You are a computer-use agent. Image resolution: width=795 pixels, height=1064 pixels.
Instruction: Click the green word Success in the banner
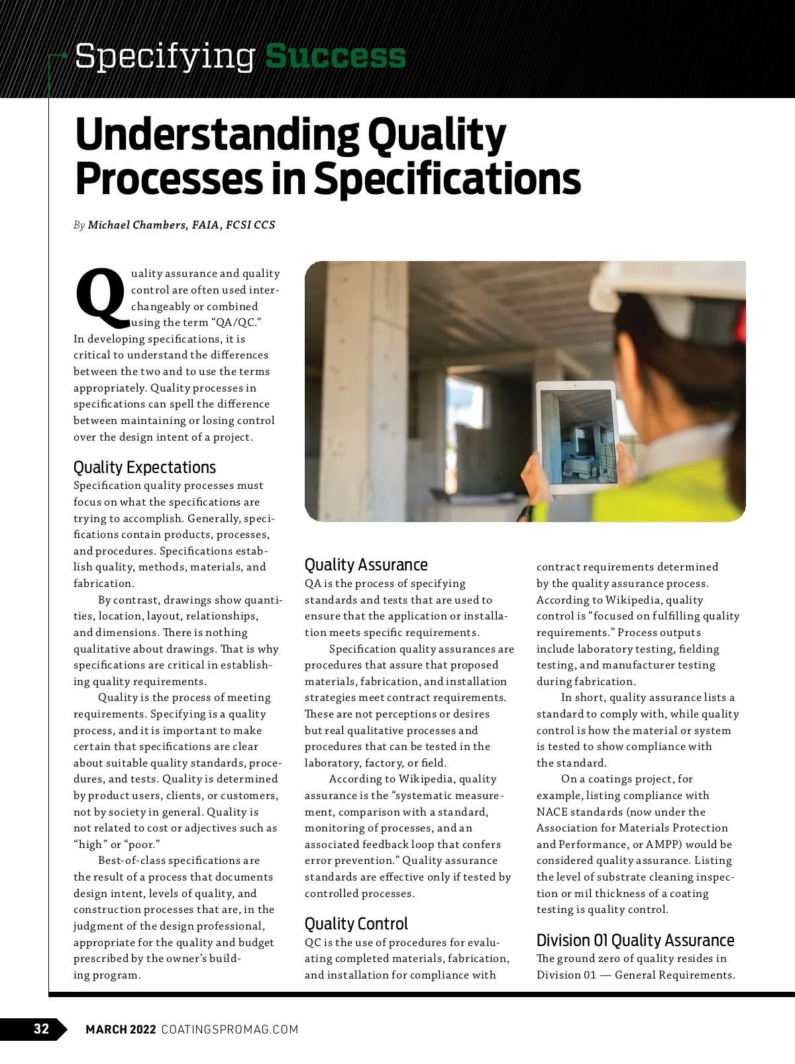click(x=335, y=56)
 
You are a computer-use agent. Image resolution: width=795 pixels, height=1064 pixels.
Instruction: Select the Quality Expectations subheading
click(x=144, y=467)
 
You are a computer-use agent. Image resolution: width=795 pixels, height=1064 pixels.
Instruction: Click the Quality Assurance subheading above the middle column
click(x=366, y=564)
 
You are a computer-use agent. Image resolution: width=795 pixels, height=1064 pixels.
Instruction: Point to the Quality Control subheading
click(x=356, y=924)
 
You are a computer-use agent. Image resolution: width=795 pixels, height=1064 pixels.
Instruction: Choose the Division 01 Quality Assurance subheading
click(x=635, y=940)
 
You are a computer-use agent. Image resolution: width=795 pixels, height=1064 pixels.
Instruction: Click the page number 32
click(x=41, y=1029)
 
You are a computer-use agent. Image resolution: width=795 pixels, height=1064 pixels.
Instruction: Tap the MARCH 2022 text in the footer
click(x=121, y=1029)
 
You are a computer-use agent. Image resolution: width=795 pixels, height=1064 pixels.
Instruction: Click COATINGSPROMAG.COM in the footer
click(x=230, y=1029)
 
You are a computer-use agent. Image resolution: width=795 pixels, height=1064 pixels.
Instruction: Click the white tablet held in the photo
click(x=575, y=437)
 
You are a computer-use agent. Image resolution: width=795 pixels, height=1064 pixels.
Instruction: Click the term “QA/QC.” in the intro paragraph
click(x=235, y=323)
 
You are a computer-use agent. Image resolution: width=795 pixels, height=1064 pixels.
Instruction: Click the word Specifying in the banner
click(x=165, y=56)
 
